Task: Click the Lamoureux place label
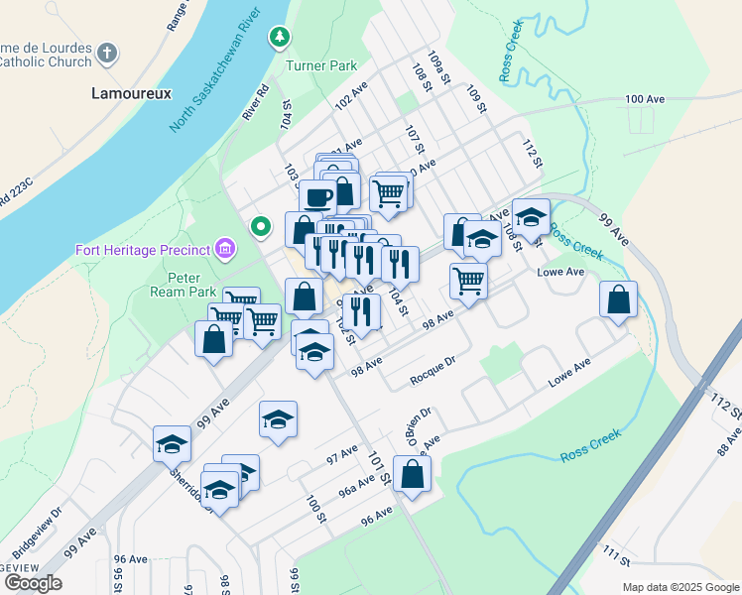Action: tap(131, 93)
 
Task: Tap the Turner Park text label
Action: tap(320, 66)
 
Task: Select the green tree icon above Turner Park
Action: tap(281, 38)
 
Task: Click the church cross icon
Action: tap(107, 53)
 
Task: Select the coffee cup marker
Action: tap(318, 197)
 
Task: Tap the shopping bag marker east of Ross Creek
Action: tap(618, 299)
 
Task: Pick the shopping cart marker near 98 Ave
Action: tap(468, 279)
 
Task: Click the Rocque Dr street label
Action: tap(432, 374)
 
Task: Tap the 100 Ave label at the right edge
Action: tap(645, 99)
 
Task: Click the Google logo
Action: tap(33, 583)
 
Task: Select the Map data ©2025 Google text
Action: tap(680, 587)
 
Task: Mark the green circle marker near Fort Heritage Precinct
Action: tap(261, 227)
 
